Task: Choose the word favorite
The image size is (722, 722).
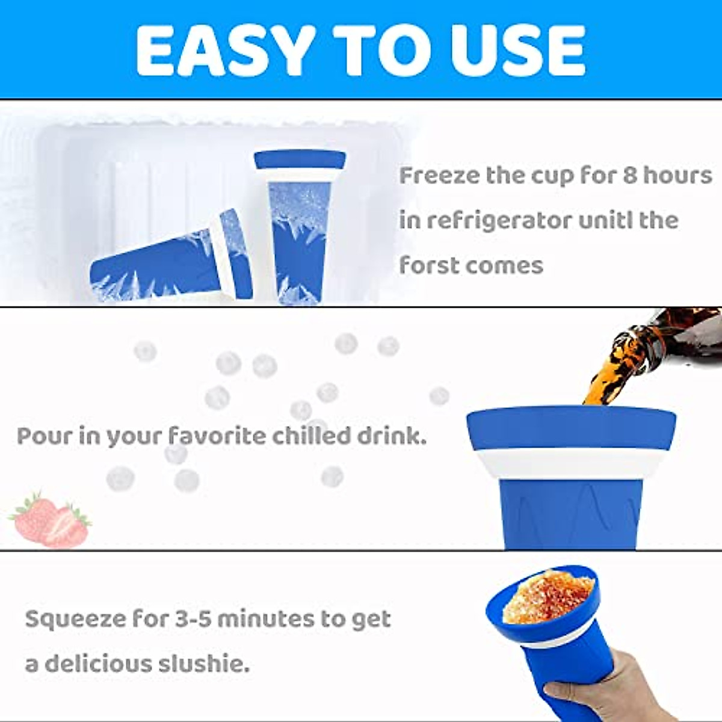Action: coord(216,436)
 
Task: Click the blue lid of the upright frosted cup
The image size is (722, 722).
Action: coord(300,160)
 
